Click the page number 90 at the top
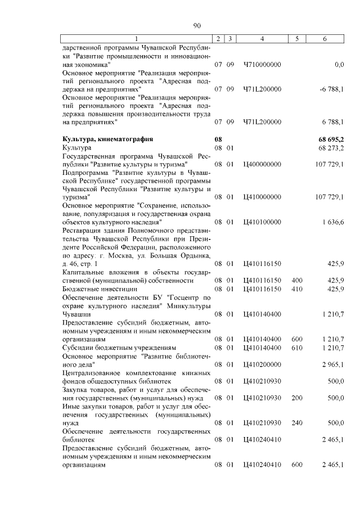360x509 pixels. [197, 25]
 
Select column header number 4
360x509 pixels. [262, 38]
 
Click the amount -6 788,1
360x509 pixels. [331, 89]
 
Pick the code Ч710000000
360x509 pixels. [262, 65]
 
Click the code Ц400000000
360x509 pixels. [262, 164]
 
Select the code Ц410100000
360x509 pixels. [262, 222]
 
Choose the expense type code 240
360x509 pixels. [296, 422]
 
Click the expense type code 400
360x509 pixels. [296, 280]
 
